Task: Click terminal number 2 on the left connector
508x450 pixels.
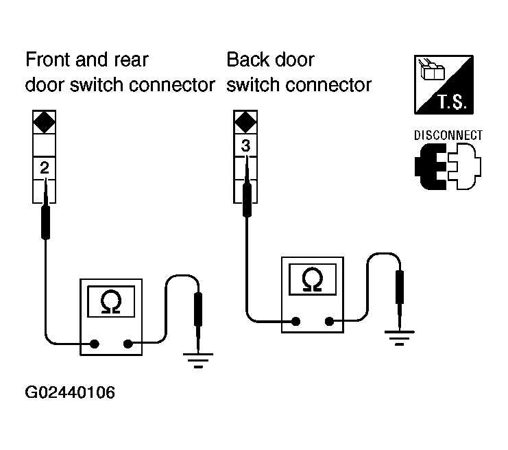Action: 45,168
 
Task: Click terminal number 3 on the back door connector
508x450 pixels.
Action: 245,145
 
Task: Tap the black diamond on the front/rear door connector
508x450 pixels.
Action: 44,122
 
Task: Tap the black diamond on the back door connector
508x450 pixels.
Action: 245,122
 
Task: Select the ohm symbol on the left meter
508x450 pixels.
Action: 111,302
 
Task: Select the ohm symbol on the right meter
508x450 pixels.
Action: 313,279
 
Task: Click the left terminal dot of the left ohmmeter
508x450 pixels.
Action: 95,344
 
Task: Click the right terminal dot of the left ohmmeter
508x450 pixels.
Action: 128,344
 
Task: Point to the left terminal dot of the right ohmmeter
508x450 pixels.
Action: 295,322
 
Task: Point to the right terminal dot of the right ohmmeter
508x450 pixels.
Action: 329,322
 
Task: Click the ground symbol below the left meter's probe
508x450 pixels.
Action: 198,360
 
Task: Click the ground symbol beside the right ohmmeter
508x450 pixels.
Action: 399,337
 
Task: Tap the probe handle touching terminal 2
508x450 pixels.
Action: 45,222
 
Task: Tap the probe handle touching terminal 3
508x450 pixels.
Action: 247,200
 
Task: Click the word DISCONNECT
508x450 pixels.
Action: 448,136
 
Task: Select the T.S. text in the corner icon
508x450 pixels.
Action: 452,102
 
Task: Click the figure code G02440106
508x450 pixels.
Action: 70,392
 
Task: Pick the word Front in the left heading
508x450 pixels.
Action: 47,60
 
